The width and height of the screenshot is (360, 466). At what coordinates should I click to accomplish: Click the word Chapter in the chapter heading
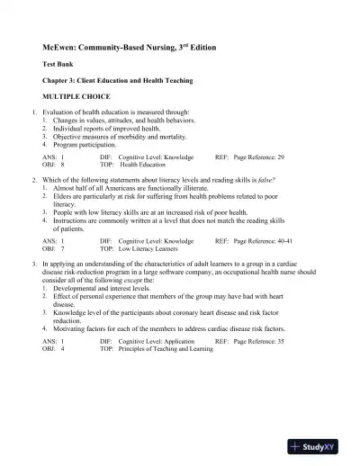point(58,80)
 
